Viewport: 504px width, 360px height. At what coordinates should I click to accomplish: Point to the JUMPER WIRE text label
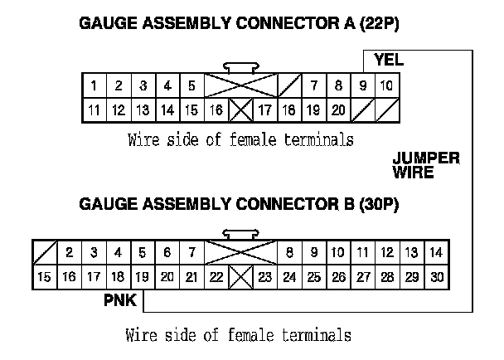point(425,166)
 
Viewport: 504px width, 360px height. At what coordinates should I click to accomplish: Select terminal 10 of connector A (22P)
point(387,85)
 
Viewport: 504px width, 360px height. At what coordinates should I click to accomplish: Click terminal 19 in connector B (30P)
point(142,276)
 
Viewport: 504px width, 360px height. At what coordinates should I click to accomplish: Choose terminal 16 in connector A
point(216,109)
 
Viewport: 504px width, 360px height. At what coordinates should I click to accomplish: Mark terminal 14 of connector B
point(437,252)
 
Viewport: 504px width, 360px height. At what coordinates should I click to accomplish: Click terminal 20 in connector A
point(337,109)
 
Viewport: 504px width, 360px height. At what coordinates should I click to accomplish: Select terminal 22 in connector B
point(216,276)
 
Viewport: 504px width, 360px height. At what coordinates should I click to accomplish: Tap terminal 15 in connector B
point(45,276)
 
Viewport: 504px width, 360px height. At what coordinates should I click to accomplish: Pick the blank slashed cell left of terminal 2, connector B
point(45,252)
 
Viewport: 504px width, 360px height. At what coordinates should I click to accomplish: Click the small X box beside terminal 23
point(240,276)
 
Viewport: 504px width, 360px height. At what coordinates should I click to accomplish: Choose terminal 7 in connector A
point(314,85)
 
